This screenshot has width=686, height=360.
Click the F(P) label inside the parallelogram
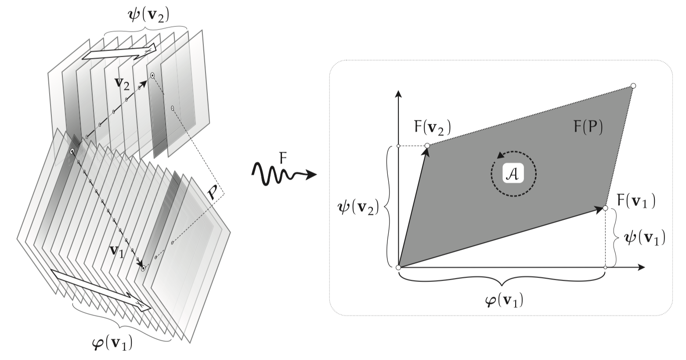(588, 127)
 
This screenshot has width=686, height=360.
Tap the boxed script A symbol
(513, 174)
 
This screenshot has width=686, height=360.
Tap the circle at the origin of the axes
(398, 267)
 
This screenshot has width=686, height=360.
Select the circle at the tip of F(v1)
(605, 208)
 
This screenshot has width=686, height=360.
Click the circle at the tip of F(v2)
(427, 146)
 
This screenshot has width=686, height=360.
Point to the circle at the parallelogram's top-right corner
(633, 86)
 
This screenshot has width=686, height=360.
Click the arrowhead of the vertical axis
(398, 94)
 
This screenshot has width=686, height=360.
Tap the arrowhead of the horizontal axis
(641, 267)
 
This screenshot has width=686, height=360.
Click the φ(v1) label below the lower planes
(112, 343)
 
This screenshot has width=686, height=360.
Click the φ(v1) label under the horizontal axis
(504, 300)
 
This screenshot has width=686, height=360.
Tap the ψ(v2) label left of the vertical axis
(357, 208)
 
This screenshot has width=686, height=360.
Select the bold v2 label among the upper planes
(122, 84)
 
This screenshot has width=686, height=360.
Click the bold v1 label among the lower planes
(117, 252)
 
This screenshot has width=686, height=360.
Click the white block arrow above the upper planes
(119, 52)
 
